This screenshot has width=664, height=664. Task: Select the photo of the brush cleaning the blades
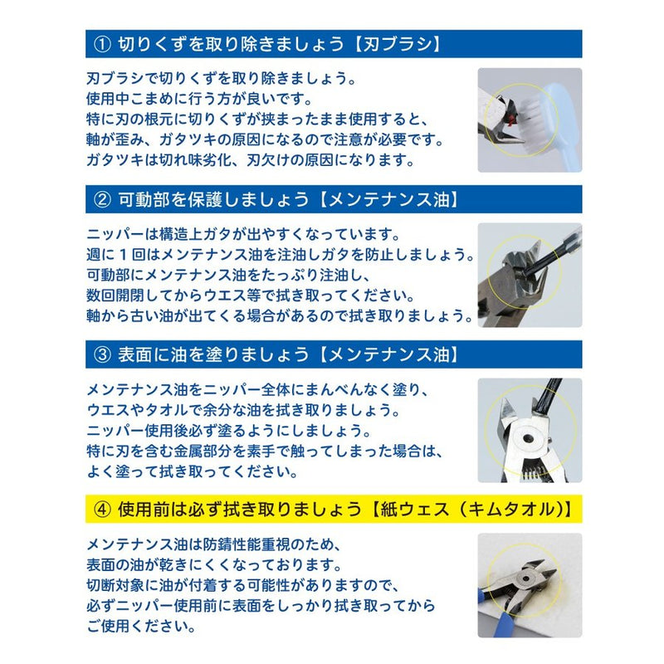pyautogui.click(x=530, y=120)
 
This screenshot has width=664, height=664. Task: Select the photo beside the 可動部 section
pyautogui.click(x=530, y=275)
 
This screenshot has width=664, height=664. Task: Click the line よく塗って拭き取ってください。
pyautogui.click(x=192, y=471)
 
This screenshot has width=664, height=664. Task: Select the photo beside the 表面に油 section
pyautogui.click(x=530, y=430)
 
